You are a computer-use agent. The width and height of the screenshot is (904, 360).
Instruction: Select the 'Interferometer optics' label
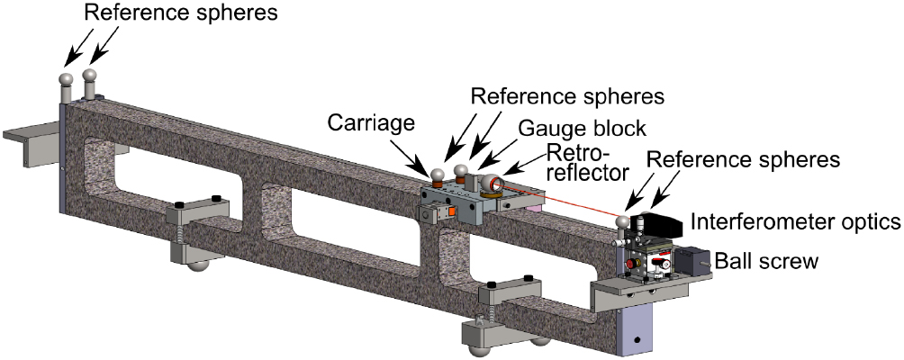pyautogui.click(x=795, y=219)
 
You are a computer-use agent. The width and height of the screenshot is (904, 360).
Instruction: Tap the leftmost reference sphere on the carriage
pyautogui.click(x=437, y=175)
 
